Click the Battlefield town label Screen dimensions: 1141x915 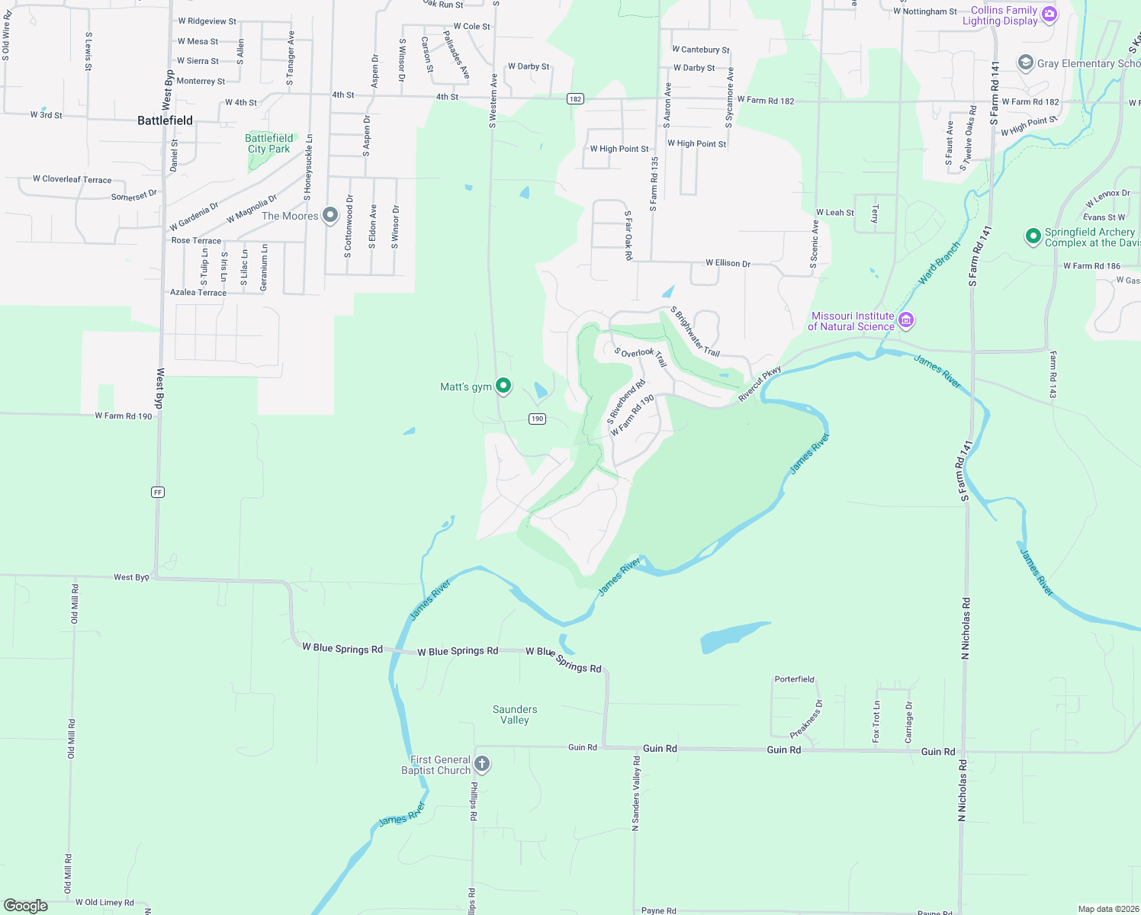tap(165, 120)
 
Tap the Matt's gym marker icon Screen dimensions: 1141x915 tap(503, 386)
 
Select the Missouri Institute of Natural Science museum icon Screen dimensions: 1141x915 tap(906, 319)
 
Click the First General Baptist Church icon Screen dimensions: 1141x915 tap(482, 763)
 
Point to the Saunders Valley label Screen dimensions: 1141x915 tap(515, 714)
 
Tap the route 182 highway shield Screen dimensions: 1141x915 tap(575, 99)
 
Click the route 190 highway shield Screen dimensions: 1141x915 tap(538, 419)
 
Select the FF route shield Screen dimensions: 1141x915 tap(158, 493)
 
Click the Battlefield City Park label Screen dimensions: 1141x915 tap(268, 143)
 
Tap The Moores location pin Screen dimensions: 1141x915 tap(330, 215)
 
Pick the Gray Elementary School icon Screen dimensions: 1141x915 tap(1026, 63)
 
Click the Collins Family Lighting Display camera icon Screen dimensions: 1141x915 tap(1049, 14)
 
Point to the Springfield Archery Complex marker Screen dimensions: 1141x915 tap(1033, 236)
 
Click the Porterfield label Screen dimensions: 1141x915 tap(795, 679)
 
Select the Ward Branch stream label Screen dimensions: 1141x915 tap(939, 264)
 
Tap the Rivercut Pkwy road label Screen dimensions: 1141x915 tap(760, 384)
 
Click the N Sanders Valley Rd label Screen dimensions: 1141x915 tap(636, 793)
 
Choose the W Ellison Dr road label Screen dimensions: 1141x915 tap(728, 263)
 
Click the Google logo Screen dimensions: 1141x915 tap(26, 905)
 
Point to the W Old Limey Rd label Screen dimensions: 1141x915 tap(104, 902)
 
